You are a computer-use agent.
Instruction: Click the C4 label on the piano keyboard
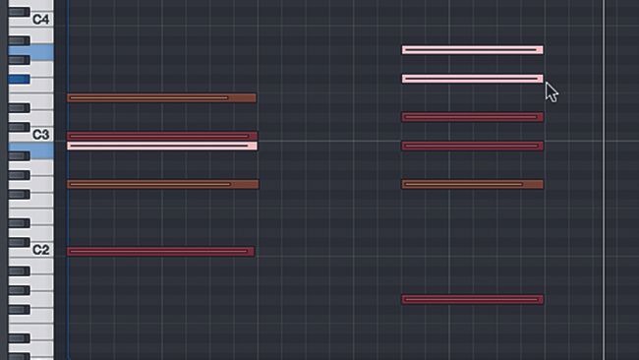coord(40,19)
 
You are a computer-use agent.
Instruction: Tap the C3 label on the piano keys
coord(40,134)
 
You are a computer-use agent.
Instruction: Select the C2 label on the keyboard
coord(40,250)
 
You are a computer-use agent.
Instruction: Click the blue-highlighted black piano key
coord(19,78)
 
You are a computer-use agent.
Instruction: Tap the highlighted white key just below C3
coord(29,147)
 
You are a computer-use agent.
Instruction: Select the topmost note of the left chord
coord(161,97)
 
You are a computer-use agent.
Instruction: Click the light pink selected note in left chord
coord(161,146)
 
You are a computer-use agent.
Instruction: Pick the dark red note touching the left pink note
coord(161,136)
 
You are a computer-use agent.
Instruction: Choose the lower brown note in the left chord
coord(161,184)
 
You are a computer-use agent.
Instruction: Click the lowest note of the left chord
coord(160,251)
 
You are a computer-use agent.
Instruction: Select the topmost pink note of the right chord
coord(472,49)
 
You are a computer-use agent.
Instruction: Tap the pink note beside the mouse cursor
coord(472,79)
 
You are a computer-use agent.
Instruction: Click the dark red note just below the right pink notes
coord(472,117)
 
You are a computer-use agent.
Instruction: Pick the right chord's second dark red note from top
coord(472,146)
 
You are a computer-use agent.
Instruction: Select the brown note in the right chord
coord(472,184)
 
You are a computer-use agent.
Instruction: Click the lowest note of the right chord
coord(472,299)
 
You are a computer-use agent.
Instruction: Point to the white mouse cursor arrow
coord(551,91)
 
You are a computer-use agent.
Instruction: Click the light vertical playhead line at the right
coord(604,197)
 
